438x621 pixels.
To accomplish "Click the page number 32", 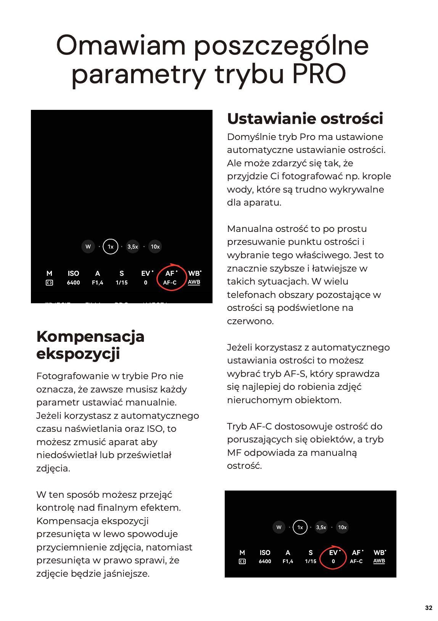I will click(428, 608).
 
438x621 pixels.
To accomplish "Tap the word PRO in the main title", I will click(319, 74).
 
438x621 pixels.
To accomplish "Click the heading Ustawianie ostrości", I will click(305, 119).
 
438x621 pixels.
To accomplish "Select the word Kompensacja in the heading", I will click(90, 336).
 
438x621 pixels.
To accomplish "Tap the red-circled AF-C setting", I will click(170, 278).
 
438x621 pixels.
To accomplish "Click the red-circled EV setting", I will click(333, 557).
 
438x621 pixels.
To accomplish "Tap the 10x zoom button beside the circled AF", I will click(155, 246).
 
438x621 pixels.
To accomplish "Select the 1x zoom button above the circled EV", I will click(300, 527).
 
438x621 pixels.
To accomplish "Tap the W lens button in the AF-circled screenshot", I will click(88, 246).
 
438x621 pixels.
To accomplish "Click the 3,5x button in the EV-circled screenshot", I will click(321, 527).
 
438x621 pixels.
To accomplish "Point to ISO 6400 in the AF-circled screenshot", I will click(73, 278).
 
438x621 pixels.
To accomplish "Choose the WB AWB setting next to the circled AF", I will click(194, 278).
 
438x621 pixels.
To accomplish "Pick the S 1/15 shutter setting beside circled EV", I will click(311, 557).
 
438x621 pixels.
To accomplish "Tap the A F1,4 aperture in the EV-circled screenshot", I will click(288, 557).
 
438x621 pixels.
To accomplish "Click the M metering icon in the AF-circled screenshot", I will click(49, 278).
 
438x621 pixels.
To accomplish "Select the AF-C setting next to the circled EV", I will click(356, 557).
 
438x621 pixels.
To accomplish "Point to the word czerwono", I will click(250, 321).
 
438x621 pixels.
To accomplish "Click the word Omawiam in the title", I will click(121, 45).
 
